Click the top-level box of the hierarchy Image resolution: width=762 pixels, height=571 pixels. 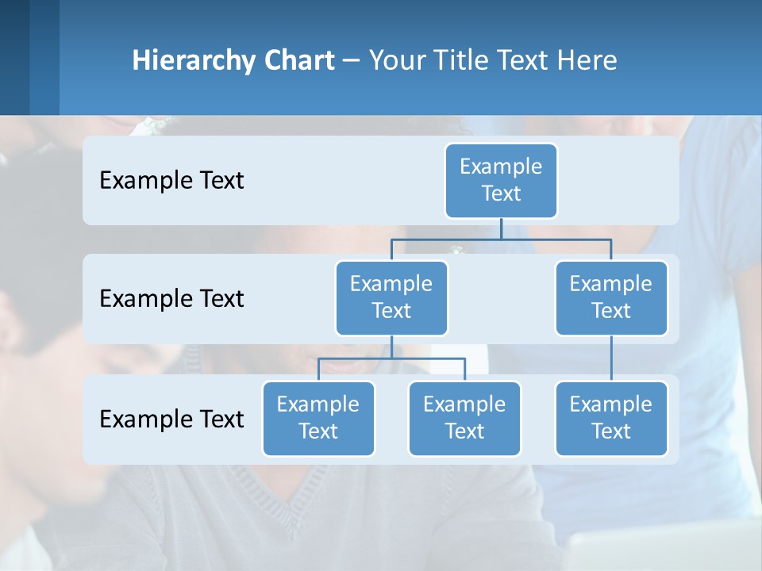[x=501, y=180]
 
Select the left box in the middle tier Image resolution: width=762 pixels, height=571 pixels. [x=391, y=297]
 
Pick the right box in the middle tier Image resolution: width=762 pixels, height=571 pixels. [x=611, y=297]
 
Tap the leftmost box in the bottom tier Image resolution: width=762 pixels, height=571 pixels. [x=318, y=418]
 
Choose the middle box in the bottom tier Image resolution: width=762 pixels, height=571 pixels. [x=464, y=418]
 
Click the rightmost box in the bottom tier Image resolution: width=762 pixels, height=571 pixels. [x=611, y=418]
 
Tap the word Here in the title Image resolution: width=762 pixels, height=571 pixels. [x=588, y=60]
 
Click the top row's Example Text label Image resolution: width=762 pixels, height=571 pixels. [x=171, y=181]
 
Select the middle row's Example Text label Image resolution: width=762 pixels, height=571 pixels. [x=171, y=299]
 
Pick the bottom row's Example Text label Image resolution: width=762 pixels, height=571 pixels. [x=171, y=419]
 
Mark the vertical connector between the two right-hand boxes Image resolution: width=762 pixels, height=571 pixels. [x=611, y=358]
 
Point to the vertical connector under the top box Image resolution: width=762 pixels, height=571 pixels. [x=501, y=228]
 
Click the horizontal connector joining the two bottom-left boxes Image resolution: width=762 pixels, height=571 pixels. [x=391, y=358]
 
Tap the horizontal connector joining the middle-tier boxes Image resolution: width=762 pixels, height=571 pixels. [x=501, y=239]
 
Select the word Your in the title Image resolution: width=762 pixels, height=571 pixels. [x=397, y=60]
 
